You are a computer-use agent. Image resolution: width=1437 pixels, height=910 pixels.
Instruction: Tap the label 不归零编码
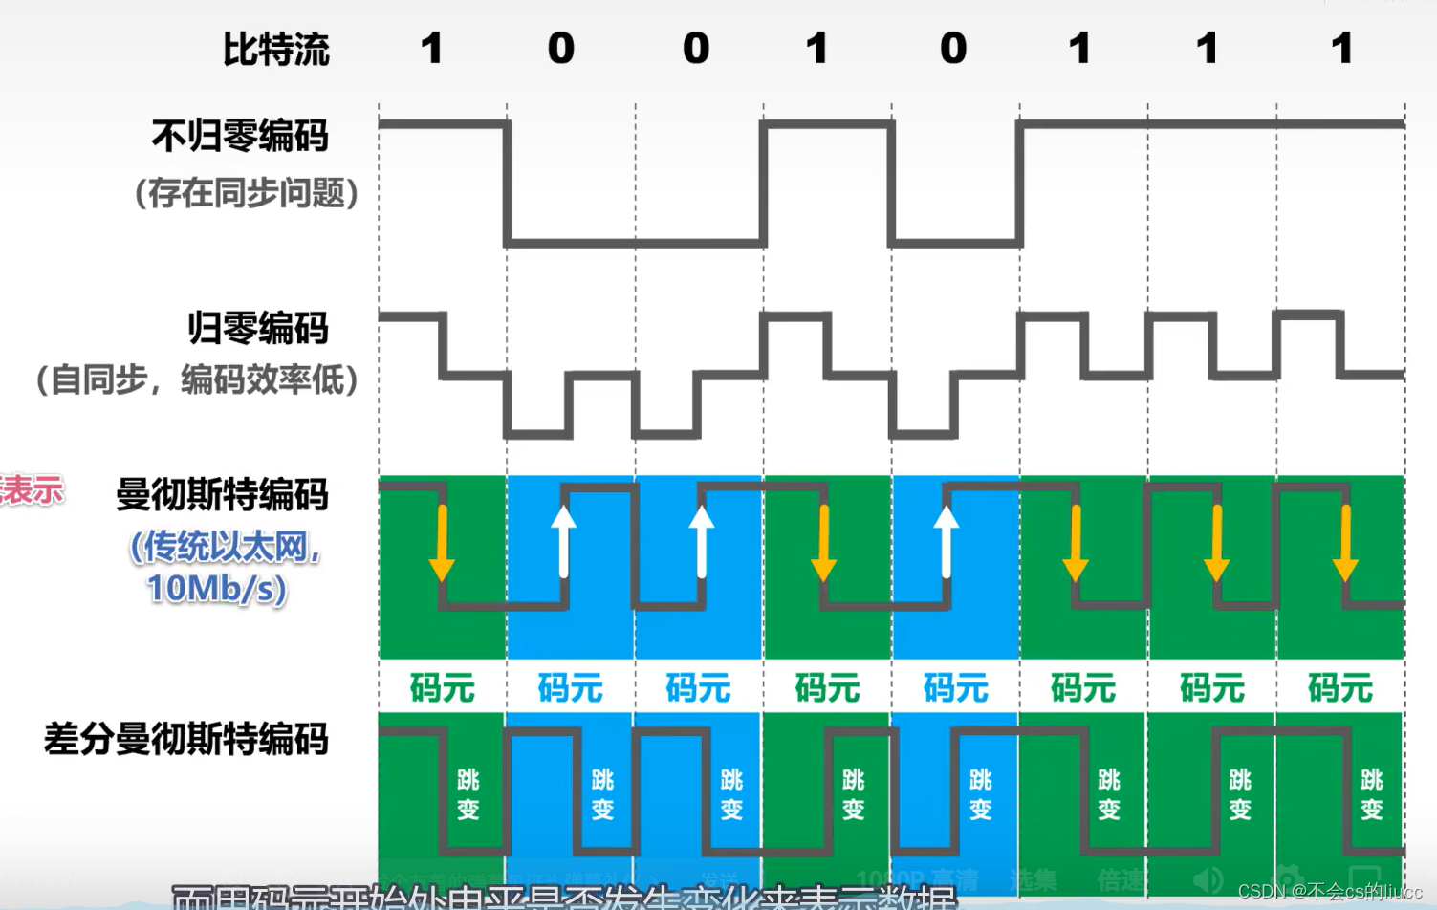point(240,136)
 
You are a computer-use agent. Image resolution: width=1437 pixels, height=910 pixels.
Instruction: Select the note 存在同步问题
point(246,193)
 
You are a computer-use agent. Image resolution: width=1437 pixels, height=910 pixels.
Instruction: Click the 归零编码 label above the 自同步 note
point(257,328)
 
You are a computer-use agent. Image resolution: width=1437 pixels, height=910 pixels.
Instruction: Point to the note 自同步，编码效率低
point(197,379)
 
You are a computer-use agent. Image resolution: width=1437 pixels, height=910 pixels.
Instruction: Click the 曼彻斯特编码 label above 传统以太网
point(222,495)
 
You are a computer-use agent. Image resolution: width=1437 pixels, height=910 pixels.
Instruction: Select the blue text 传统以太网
point(225,547)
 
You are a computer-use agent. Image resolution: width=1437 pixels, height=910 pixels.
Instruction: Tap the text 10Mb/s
point(217,588)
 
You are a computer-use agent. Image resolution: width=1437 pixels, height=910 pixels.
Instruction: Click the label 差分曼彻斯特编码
point(186,739)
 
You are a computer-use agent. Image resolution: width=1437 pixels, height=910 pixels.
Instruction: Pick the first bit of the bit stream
point(432,49)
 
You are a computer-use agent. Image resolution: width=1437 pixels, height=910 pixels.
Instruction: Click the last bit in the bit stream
point(1342,49)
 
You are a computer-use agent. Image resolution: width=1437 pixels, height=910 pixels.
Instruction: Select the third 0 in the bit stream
point(953,49)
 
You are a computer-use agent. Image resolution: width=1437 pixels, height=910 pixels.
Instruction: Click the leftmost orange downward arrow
point(442,542)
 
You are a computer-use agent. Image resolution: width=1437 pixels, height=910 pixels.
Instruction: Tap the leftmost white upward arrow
point(564,541)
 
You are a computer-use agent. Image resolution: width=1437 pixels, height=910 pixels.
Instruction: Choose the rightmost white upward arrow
point(947,541)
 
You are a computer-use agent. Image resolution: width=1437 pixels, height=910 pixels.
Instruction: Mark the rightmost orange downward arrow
point(1345,542)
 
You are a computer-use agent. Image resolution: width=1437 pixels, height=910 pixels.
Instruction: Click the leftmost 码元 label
point(442,688)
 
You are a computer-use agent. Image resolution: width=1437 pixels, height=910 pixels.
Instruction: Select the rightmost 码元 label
point(1340,688)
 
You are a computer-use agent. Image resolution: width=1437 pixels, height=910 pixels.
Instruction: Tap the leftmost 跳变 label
point(468,794)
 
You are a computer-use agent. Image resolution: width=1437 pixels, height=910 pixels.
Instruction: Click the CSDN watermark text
point(1330,891)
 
